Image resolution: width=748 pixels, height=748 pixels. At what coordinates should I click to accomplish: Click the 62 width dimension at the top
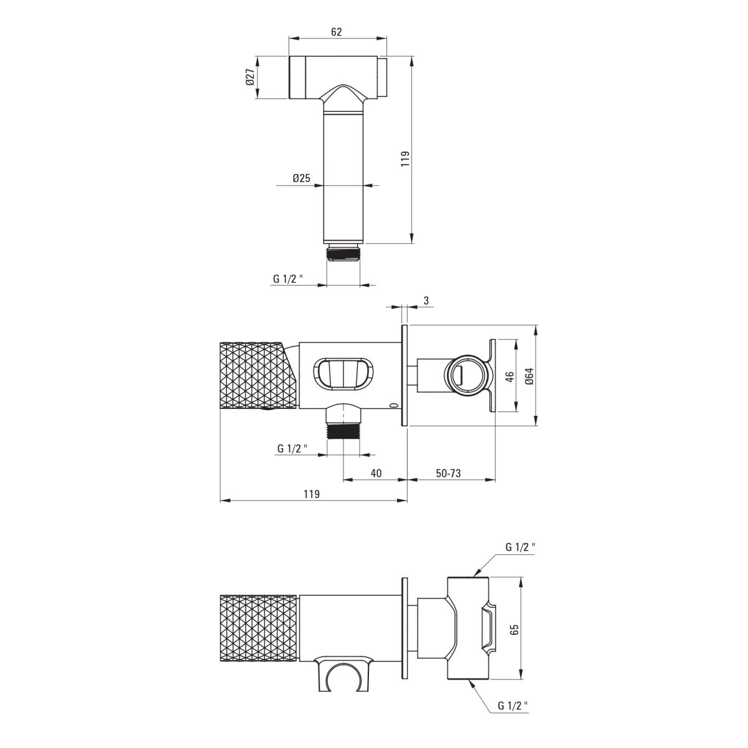(336, 31)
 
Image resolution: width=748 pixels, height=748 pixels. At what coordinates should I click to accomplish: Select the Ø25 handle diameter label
(302, 178)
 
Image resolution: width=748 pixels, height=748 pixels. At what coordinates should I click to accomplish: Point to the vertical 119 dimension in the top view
(405, 159)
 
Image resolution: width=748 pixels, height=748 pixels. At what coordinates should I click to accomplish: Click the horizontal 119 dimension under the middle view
(312, 494)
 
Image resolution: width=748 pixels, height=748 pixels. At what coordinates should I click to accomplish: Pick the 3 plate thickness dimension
(426, 300)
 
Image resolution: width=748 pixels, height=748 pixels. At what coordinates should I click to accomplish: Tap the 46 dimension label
(510, 376)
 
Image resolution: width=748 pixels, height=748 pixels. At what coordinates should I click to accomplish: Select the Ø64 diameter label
(530, 376)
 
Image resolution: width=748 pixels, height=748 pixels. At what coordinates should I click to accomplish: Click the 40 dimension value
(376, 473)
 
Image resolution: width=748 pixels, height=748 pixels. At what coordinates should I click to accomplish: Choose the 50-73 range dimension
(448, 473)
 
